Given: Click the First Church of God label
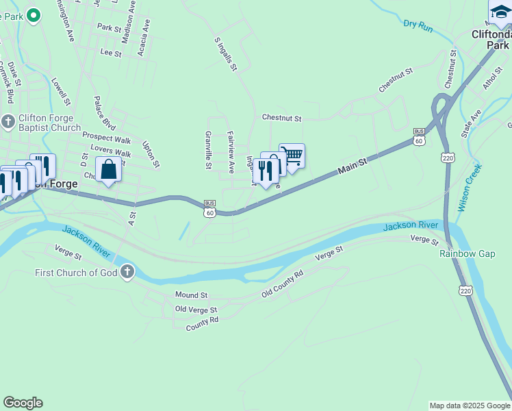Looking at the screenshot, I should (x=77, y=273).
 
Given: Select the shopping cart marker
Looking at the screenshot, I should (x=292, y=156).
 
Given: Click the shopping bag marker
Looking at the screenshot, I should (x=109, y=169).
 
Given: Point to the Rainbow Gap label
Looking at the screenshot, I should (x=467, y=253).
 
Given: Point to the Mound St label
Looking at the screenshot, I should (x=191, y=295).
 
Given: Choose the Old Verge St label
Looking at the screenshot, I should (x=196, y=310).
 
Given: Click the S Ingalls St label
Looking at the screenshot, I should (x=225, y=55).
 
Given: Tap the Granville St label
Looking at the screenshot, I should (x=208, y=150).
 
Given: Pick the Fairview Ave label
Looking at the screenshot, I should (x=231, y=151).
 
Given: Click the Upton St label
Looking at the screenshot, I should (x=151, y=154).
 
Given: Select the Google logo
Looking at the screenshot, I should (x=23, y=403).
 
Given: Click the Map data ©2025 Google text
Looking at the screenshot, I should (x=469, y=406).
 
